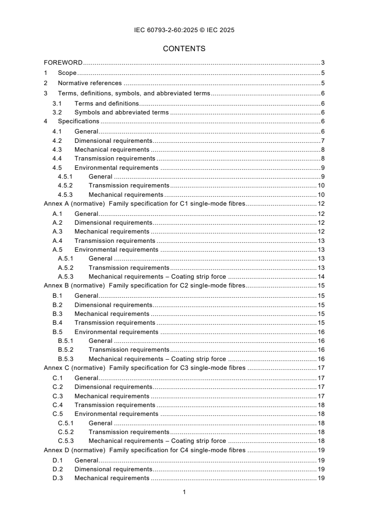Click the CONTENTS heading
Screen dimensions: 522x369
click(x=184, y=48)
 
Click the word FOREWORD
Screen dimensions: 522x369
click(x=63, y=63)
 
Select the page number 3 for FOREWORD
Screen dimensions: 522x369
click(x=322, y=63)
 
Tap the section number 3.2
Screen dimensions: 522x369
click(x=57, y=112)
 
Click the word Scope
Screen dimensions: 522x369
click(x=67, y=73)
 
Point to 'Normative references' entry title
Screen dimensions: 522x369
click(x=90, y=83)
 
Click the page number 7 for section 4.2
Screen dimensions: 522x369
click(x=322, y=141)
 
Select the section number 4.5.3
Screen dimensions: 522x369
click(x=66, y=194)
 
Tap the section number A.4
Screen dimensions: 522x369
click(x=57, y=241)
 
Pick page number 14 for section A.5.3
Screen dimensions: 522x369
click(x=321, y=276)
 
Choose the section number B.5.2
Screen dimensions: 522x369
click(x=66, y=349)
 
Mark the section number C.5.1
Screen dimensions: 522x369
click(x=66, y=423)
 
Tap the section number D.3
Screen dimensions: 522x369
click(x=57, y=478)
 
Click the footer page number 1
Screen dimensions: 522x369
click(x=184, y=492)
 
